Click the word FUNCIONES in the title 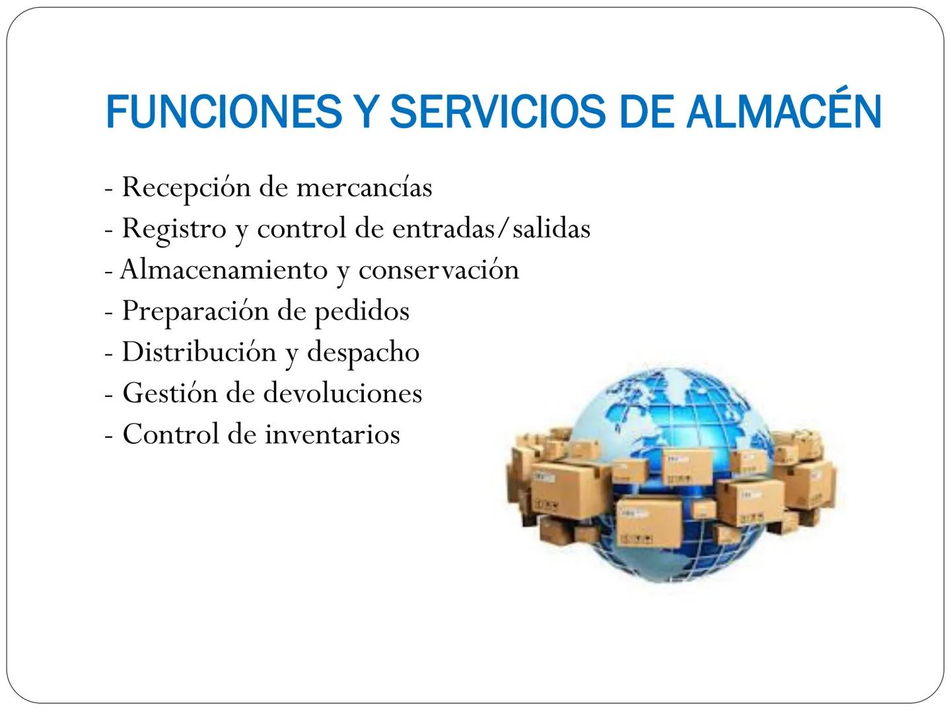click(x=224, y=112)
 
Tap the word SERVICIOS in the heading click(x=497, y=112)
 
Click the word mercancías click(x=365, y=187)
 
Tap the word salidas click(x=551, y=228)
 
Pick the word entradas click(x=444, y=228)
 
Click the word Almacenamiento click(x=224, y=269)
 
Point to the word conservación click(x=439, y=270)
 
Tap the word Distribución click(x=199, y=351)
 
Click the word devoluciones click(x=343, y=393)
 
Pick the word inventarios click(x=332, y=434)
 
